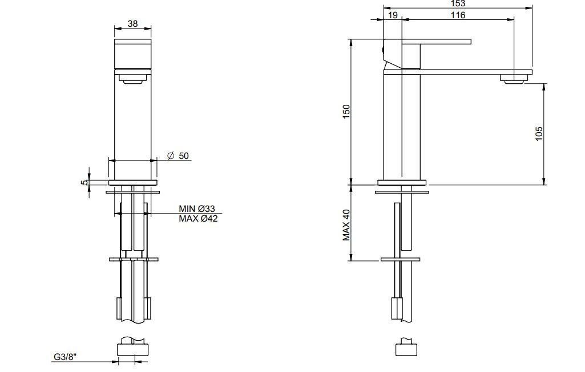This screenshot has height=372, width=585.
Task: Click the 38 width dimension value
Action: coord(132,23)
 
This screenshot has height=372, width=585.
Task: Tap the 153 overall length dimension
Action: coord(458,3)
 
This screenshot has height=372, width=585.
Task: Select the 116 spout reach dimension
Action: coord(458,15)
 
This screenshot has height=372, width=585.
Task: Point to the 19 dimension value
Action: coord(393,15)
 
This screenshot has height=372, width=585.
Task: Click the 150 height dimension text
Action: coord(346,112)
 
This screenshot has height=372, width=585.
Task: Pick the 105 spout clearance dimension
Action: coord(539,133)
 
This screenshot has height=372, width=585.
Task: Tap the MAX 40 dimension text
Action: coord(346,225)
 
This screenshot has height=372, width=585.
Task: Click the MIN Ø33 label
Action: coord(196,209)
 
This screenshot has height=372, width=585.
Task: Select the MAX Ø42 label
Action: coord(198,219)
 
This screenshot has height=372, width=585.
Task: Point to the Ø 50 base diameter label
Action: coord(178,156)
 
